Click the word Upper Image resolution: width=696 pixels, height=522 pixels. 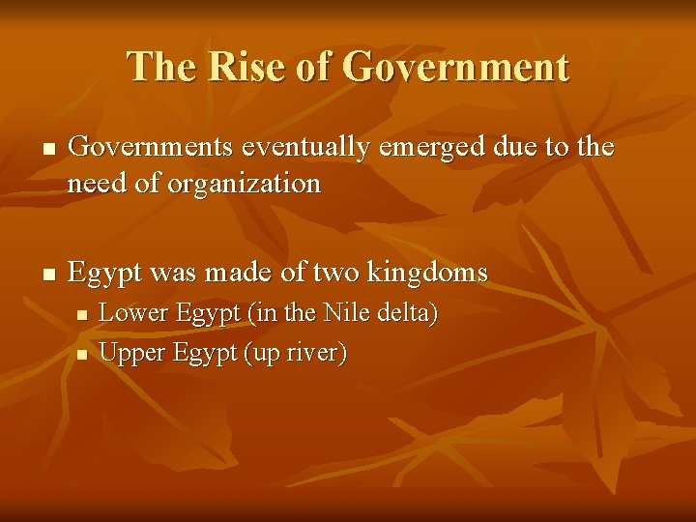pos(132,353)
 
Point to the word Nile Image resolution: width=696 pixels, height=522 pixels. pos(347,313)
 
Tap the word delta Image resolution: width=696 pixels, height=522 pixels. pos(406,313)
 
